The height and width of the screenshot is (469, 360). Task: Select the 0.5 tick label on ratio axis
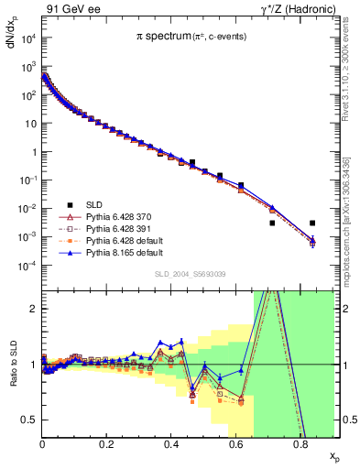click(29, 420)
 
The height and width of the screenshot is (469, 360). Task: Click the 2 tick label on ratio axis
click(33, 309)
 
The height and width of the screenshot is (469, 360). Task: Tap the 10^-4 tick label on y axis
click(27, 266)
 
